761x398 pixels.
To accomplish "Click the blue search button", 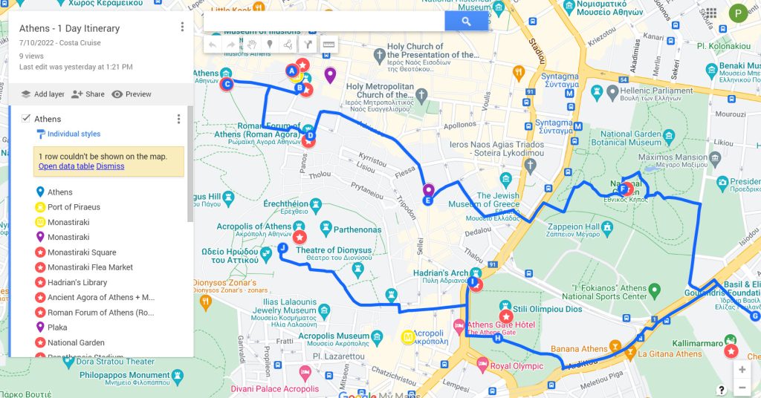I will pyautogui.click(x=466, y=22).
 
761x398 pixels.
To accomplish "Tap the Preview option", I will pyautogui.click(x=132, y=94).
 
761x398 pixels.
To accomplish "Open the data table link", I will pyautogui.click(x=66, y=166).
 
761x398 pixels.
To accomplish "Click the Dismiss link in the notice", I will pyautogui.click(x=110, y=166).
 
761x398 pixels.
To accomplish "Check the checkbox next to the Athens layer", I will pyautogui.click(x=26, y=119).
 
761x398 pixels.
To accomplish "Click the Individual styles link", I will pyautogui.click(x=73, y=134).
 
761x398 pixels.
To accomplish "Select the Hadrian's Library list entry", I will pyautogui.click(x=77, y=282).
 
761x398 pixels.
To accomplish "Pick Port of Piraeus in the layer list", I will pyautogui.click(x=74, y=207).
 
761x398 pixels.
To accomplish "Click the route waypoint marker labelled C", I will pyautogui.click(x=227, y=84).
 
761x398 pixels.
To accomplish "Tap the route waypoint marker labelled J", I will pyautogui.click(x=282, y=248).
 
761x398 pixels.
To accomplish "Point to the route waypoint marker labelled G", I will pyautogui.click(x=756, y=316).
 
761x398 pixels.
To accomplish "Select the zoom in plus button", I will pyautogui.click(x=741, y=369).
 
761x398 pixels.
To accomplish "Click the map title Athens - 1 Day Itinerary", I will pyautogui.click(x=69, y=29).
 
